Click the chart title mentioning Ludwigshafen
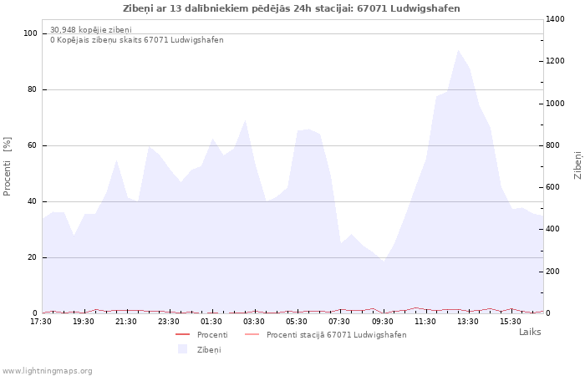pyautogui.click(x=292, y=8)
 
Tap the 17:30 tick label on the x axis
pyautogui.click(x=41, y=321)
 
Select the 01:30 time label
pyautogui.click(x=212, y=321)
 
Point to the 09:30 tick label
pyautogui.click(x=383, y=321)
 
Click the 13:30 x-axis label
pyautogui.click(x=468, y=321)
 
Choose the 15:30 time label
pyautogui.click(x=511, y=321)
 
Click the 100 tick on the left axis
pyautogui.click(x=31, y=33)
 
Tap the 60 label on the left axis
pyautogui.click(x=33, y=145)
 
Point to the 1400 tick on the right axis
pyautogui.click(x=557, y=18)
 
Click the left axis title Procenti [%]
pyautogui.click(x=8, y=166)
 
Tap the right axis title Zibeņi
pyautogui.click(x=577, y=165)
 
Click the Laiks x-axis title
pyautogui.click(x=530, y=332)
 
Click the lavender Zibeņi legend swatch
pyautogui.click(x=182, y=349)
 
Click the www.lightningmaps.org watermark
pyautogui.click(x=47, y=371)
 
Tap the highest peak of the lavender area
pyautogui.click(x=458, y=50)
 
